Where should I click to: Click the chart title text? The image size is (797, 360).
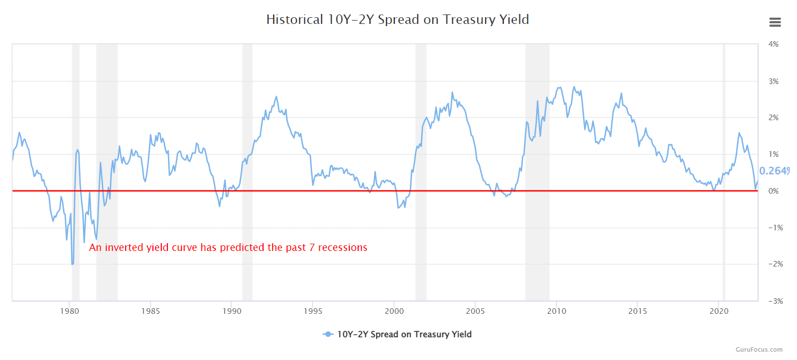397,20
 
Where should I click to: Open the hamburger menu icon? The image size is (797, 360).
775,22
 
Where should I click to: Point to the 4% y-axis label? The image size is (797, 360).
773,44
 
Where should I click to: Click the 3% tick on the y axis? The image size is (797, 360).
773,81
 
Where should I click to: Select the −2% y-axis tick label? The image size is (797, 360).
772,264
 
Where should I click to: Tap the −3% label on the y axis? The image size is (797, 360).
772,301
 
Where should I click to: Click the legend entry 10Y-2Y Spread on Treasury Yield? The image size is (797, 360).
397,334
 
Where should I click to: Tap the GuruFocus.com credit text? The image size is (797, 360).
759,349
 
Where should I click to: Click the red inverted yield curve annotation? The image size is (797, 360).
228,248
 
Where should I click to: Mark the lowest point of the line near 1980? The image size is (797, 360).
72,264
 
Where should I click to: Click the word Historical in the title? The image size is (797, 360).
293,20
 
